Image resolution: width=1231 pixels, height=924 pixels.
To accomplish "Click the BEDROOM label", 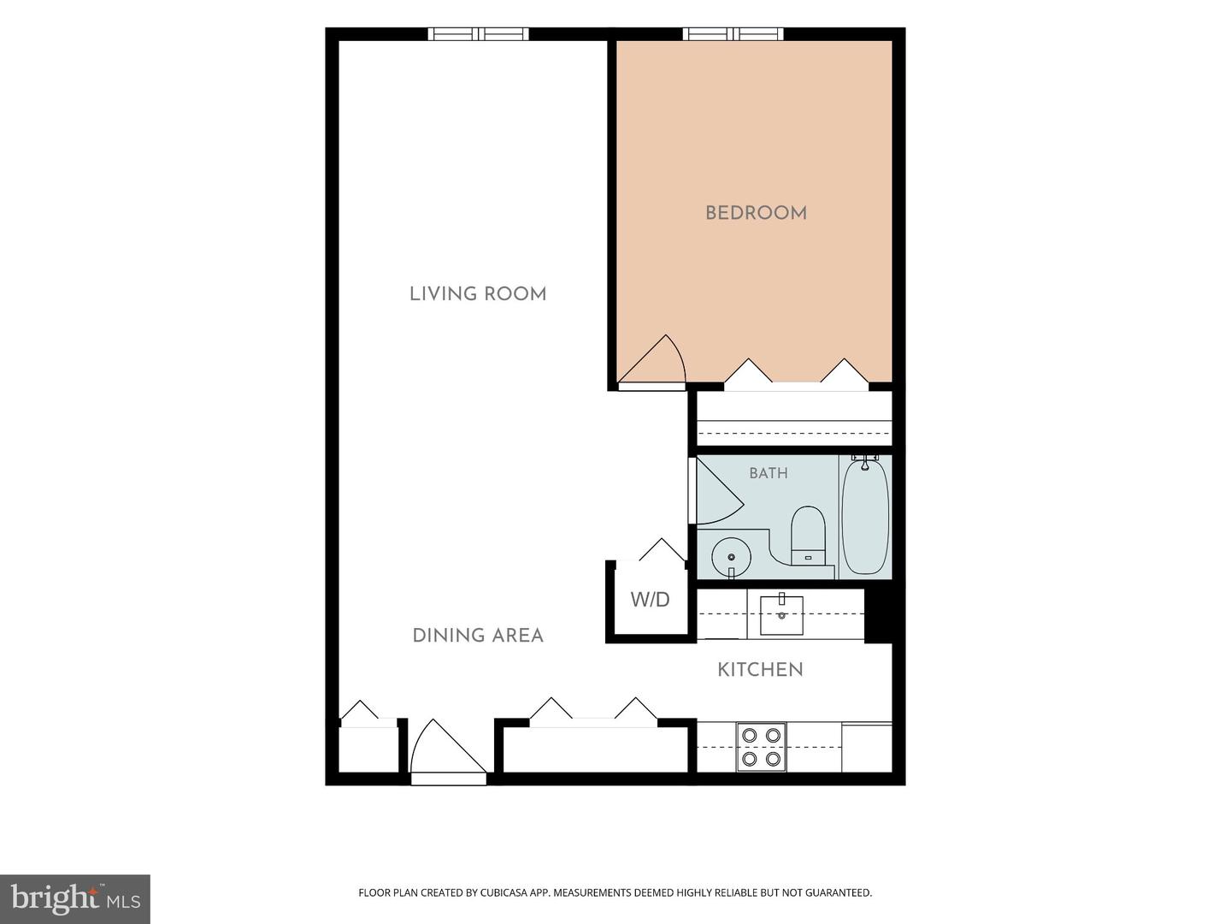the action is click(x=756, y=213).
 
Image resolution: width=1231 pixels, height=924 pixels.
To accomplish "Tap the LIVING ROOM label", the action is click(x=478, y=294).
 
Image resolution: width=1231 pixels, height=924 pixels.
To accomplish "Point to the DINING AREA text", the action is click(x=478, y=636).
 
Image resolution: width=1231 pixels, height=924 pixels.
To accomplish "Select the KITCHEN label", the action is click(x=761, y=670).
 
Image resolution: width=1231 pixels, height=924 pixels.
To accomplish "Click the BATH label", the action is click(x=769, y=473).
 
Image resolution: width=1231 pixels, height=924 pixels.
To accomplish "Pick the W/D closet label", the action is click(x=650, y=600).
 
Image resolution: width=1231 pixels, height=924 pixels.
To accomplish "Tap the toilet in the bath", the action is click(x=808, y=536).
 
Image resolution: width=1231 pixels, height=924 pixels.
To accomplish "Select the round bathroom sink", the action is click(x=731, y=557).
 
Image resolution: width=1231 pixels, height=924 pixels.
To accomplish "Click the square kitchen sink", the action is click(x=782, y=614).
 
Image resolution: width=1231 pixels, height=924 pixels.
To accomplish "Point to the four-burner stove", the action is click(x=761, y=747).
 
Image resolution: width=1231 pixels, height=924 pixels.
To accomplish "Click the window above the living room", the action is click(x=479, y=34).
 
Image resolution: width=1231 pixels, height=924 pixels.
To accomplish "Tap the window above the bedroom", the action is click(x=733, y=34).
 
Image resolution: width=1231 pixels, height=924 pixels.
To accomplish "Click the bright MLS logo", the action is click(x=75, y=899).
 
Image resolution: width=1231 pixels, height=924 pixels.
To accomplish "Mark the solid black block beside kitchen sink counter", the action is click(x=878, y=615).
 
